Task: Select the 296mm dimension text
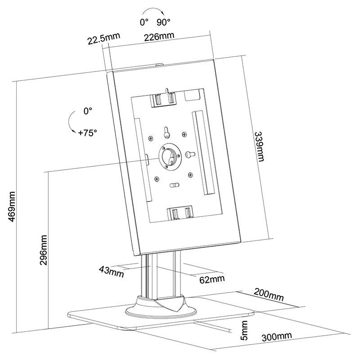[x=44, y=250]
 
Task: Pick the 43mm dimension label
[x=111, y=270]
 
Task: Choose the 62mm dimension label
[x=211, y=279]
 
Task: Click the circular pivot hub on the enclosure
[x=169, y=157]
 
